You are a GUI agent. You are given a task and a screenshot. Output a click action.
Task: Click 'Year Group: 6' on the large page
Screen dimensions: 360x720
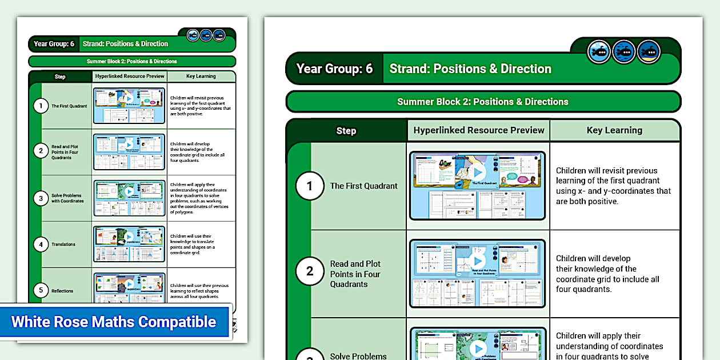click(x=334, y=69)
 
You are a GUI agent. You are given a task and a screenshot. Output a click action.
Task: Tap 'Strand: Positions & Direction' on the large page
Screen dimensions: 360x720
click(x=470, y=69)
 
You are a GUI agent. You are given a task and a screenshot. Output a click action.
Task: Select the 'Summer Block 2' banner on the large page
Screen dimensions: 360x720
click(x=483, y=102)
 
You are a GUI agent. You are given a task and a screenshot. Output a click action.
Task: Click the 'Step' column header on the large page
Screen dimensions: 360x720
click(x=346, y=131)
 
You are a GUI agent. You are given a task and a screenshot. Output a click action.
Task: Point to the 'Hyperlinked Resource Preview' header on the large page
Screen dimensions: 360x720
click(x=479, y=130)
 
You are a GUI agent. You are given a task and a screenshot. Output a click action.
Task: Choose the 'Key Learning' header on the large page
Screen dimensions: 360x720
click(x=614, y=130)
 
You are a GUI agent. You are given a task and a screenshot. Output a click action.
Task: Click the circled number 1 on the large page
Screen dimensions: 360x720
click(x=310, y=186)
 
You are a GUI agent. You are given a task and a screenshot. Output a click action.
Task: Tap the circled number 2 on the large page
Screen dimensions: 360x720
click(x=310, y=271)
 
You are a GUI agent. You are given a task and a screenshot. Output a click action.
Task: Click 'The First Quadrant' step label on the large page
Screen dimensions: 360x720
click(x=363, y=186)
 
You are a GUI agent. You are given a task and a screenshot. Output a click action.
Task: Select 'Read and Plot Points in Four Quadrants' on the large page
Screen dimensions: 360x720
click(x=355, y=274)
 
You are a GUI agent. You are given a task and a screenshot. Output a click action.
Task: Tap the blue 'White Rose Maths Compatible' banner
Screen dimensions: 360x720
click(x=114, y=322)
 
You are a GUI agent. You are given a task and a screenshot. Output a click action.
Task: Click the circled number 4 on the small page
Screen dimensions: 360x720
click(x=40, y=245)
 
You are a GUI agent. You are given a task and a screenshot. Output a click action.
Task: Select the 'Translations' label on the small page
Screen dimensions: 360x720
click(x=63, y=245)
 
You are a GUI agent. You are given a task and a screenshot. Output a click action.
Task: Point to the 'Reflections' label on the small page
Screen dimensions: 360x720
click(x=62, y=291)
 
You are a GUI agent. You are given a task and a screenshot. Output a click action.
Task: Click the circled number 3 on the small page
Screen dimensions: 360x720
click(x=40, y=198)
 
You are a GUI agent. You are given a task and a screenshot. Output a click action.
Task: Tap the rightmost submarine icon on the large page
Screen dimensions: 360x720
click(x=649, y=52)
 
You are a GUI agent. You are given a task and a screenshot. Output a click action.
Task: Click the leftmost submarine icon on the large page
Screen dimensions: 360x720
click(x=599, y=52)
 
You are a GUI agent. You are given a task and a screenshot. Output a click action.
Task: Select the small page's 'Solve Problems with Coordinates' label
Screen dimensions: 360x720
click(x=67, y=198)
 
